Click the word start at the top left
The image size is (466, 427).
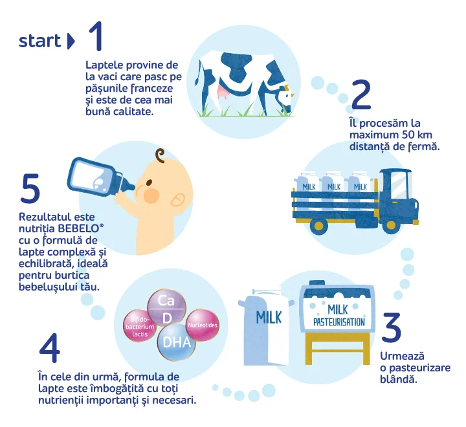39,41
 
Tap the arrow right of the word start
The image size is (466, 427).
71,41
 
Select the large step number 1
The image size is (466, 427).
96,36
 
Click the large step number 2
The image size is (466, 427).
361,94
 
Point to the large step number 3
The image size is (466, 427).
391,327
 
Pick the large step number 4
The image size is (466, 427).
50,347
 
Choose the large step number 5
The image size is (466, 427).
30,188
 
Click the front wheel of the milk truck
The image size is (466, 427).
392,224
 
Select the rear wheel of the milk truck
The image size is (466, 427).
318,226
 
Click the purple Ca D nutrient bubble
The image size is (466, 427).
167,308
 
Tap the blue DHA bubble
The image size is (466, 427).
176,342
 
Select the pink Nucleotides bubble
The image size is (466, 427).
203,325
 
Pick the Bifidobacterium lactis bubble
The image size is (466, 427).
140,325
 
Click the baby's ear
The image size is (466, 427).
178,200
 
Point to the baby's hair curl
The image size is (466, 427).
161,156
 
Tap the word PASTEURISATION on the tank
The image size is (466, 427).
339,322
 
